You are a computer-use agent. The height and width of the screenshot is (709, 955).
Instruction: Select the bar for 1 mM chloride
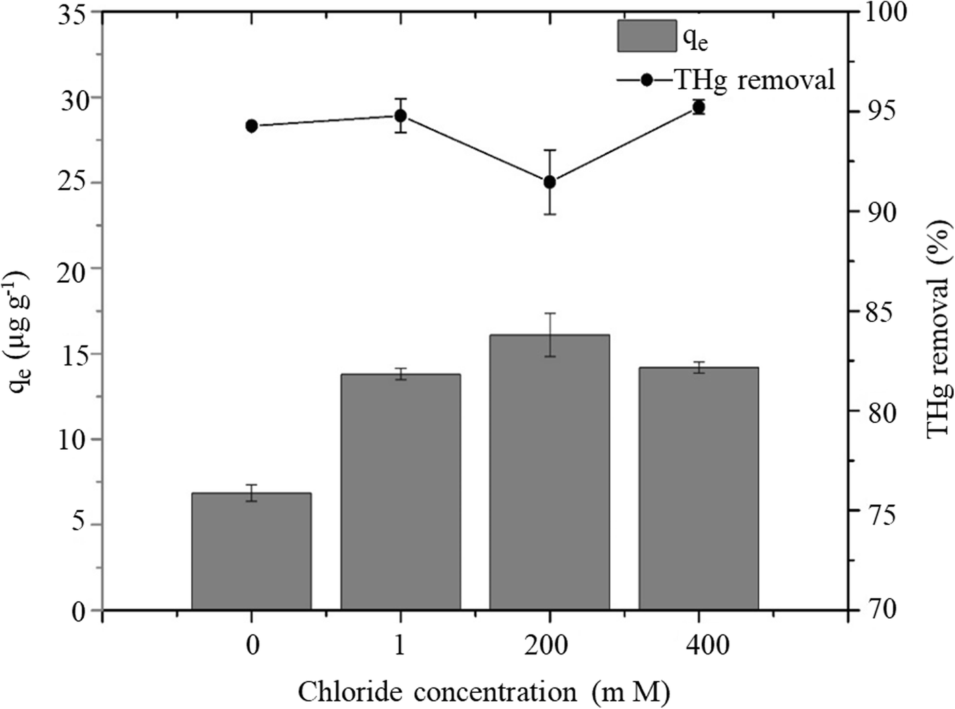401,492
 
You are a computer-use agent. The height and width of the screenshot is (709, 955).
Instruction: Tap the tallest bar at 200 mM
550,471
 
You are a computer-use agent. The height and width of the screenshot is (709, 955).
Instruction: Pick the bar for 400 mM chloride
698,488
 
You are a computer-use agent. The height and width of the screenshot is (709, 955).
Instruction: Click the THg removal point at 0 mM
252,126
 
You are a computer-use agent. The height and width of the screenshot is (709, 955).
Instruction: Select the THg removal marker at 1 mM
401,115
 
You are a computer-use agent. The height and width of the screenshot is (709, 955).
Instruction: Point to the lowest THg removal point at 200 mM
550,182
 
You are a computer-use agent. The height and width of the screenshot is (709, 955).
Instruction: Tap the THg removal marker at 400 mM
698,107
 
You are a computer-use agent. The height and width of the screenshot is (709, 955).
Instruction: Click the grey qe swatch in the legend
647,36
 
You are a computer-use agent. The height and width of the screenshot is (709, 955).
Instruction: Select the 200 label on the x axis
550,646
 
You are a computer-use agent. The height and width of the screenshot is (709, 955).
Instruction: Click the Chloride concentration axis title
484,691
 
